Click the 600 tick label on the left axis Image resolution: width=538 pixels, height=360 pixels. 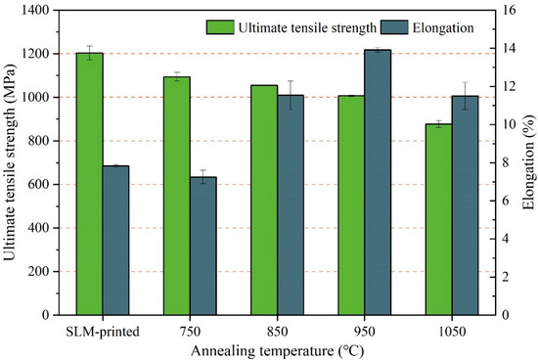(40, 185)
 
